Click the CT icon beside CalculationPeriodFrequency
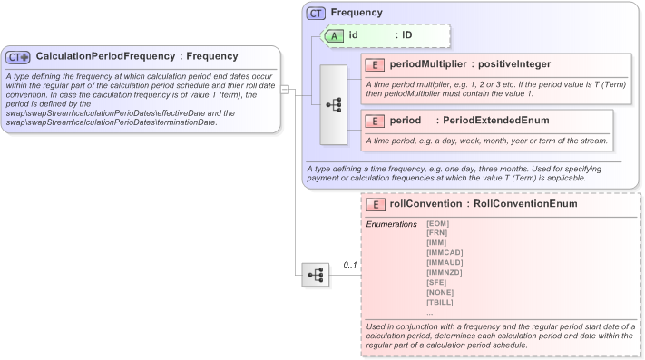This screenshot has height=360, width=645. click(x=18, y=57)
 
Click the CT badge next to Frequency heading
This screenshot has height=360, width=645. click(x=317, y=14)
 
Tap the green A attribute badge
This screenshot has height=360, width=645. click(x=336, y=35)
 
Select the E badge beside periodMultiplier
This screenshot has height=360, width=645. click(x=375, y=64)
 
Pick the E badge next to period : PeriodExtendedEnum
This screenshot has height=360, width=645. click(x=375, y=121)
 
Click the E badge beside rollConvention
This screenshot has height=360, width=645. click(x=375, y=204)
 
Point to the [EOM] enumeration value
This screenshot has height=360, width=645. click(x=437, y=223)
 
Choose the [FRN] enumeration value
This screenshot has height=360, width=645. click(x=436, y=233)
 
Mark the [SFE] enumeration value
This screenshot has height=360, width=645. click(x=435, y=282)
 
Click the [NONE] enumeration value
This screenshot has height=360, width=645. click(x=439, y=292)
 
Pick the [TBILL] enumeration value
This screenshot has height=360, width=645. click(x=440, y=302)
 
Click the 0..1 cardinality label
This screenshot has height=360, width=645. click(x=349, y=265)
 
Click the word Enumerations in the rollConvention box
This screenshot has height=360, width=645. click(x=391, y=223)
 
